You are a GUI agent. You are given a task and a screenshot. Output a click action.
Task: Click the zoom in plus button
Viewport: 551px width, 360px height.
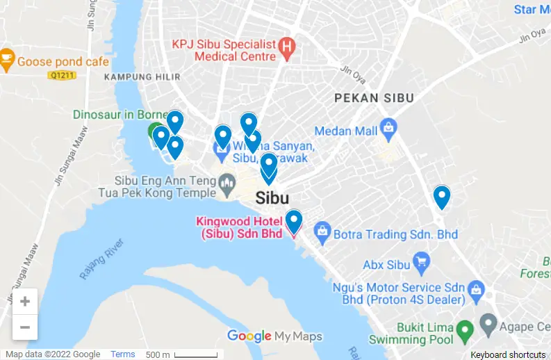click(x=25, y=302)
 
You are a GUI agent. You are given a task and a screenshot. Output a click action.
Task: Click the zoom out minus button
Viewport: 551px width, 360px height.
click(x=25, y=327)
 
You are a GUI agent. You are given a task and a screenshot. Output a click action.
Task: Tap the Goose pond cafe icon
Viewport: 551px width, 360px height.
click(x=7, y=61)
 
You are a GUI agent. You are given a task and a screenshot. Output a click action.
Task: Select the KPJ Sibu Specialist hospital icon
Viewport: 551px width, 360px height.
click(x=286, y=49)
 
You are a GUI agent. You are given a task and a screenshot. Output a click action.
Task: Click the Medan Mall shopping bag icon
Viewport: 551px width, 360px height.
click(x=388, y=129)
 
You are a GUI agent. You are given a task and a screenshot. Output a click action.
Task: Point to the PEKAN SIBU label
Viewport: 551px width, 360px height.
click(x=374, y=98)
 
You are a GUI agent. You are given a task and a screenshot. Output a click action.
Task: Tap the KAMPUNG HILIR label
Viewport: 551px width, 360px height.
click(x=142, y=77)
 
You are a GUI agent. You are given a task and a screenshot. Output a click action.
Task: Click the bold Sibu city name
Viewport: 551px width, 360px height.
click(x=272, y=197)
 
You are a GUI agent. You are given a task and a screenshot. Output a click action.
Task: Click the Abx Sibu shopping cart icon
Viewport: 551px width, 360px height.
click(x=420, y=263)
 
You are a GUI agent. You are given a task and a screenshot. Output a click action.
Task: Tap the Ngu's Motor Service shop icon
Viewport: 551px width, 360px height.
click(x=476, y=288)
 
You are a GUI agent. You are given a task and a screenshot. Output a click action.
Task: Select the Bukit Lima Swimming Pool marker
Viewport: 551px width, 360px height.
click(x=465, y=328)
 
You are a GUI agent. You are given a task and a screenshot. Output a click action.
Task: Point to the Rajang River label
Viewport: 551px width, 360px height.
click(x=101, y=259)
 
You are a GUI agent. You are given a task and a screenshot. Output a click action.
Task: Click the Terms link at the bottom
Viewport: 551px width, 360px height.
click(x=123, y=354)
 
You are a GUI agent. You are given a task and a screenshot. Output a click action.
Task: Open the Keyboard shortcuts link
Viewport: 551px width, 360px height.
click(x=508, y=354)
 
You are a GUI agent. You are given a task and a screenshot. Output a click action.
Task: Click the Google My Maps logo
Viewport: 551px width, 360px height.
click(x=274, y=336)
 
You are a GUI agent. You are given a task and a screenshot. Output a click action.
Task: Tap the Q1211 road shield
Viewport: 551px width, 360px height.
click(x=62, y=74)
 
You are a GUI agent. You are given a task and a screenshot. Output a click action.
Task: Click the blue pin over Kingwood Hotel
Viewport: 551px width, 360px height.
click(x=294, y=220)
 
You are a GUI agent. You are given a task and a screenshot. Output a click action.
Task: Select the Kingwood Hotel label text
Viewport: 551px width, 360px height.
click(x=240, y=228)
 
